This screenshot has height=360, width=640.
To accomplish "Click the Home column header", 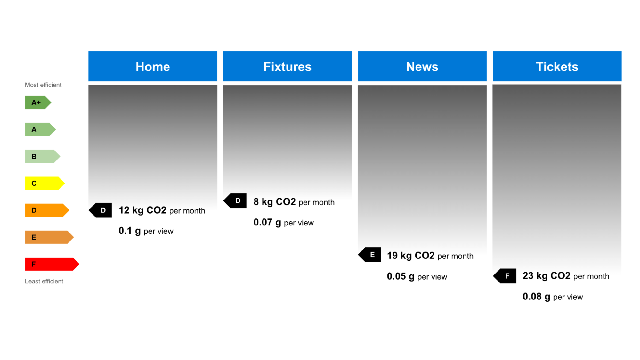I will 153,66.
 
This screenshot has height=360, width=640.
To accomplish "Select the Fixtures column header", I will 287,66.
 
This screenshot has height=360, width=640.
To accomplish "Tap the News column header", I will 422,66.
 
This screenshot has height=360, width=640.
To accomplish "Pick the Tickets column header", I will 557,66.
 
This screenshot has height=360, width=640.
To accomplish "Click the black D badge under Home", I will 101,210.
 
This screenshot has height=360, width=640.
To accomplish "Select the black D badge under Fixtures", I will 236,201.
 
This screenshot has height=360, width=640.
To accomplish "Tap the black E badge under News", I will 370,255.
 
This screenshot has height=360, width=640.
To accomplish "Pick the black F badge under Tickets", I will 505,276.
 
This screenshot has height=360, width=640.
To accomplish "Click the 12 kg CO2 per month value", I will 162,210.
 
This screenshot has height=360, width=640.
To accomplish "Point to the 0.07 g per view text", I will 283,222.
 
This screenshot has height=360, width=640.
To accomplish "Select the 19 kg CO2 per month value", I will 430,256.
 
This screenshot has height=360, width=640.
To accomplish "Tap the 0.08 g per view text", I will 553,297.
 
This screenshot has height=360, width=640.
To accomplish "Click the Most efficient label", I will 43,85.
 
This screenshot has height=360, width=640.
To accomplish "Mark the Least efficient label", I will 44,281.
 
